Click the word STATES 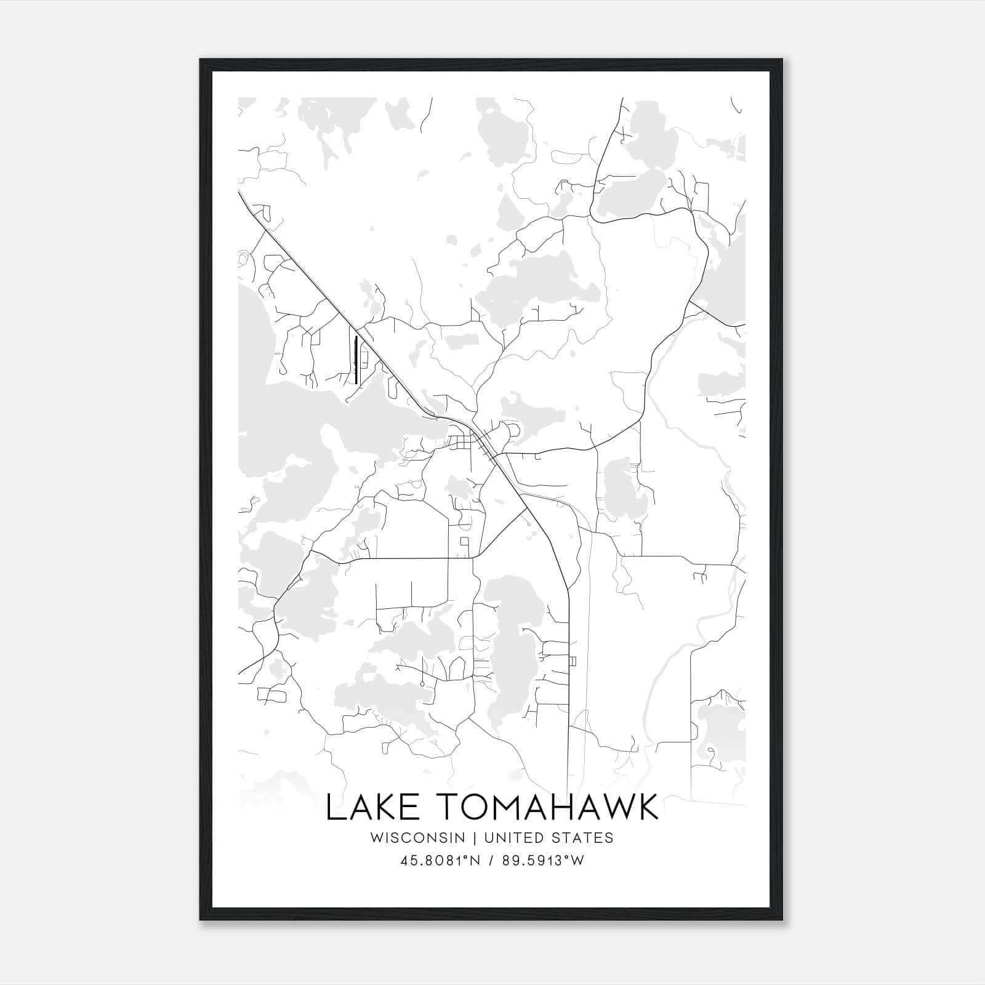pyautogui.click(x=582, y=837)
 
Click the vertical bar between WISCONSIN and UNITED pyautogui.click(x=475, y=837)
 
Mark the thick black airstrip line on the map pyautogui.click(x=356, y=360)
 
